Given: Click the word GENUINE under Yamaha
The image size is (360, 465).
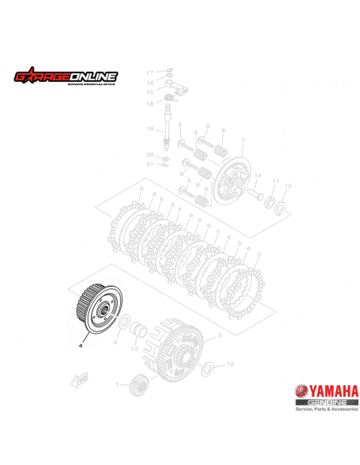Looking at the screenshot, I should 325,404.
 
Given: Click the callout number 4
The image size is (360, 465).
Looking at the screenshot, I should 80,346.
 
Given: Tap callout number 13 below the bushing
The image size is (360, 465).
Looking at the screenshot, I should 135,349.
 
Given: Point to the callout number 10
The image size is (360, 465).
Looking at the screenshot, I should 288,186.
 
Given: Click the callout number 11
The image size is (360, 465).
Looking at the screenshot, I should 276,181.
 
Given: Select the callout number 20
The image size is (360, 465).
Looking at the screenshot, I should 149,154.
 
